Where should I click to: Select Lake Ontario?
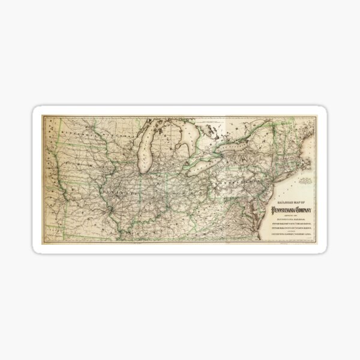pos(233,148)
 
